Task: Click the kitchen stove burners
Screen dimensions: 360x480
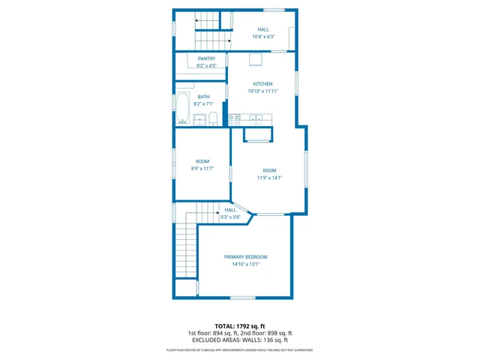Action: (x=234, y=118)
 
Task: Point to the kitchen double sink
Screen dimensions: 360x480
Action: (x=256, y=118)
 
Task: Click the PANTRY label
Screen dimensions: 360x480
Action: (x=206, y=58)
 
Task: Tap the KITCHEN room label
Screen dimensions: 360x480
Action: (x=262, y=84)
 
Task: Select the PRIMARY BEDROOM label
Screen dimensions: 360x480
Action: (x=245, y=257)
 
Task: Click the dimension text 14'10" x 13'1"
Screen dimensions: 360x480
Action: (x=245, y=264)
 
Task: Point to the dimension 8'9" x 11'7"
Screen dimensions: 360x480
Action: (x=202, y=169)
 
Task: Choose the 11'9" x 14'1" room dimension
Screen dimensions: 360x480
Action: (x=269, y=178)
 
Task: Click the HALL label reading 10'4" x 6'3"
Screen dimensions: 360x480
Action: (x=263, y=37)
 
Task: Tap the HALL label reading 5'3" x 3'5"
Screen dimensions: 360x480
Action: (x=230, y=217)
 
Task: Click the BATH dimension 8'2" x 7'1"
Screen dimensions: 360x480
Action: (x=204, y=103)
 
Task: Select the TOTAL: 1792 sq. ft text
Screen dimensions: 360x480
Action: (x=239, y=326)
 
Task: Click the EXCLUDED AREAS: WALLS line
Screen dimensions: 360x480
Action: (x=239, y=340)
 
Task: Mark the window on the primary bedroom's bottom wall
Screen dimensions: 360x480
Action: (x=243, y=298)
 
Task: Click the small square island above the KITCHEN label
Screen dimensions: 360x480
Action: (x=256, y=60)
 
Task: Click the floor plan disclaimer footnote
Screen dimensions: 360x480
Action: (x=239, y=350)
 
